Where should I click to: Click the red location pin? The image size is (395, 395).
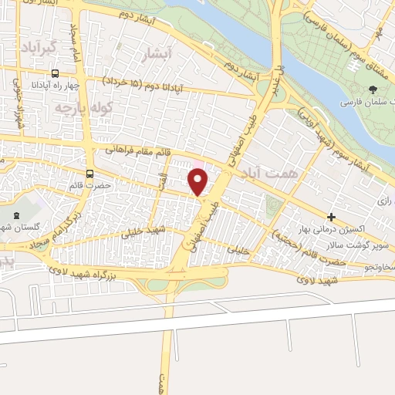pyautogui.click(x=198, y=181)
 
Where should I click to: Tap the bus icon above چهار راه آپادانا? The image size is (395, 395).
pyautogui.click(x=54, y=73)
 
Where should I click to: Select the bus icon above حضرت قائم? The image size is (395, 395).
pyautogui.click(x=91, y=174)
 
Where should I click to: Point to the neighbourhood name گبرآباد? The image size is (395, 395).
pyautogui.click(x=40, y=48)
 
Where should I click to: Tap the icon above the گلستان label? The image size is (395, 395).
pyautogui.click(x=20, y=214)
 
